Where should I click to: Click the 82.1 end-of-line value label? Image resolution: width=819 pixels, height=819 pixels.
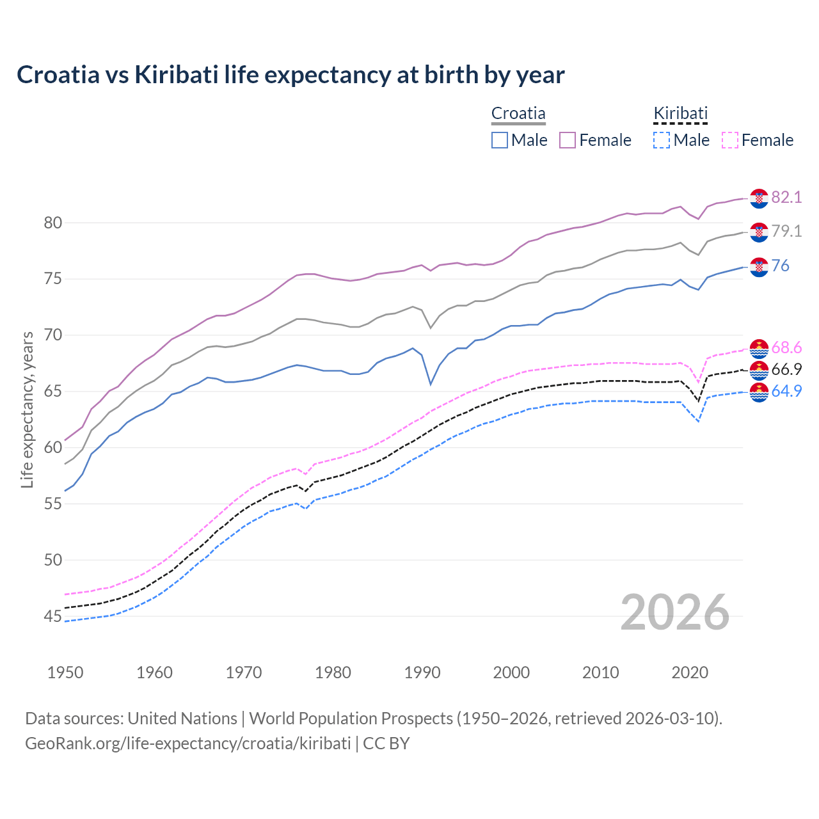786,197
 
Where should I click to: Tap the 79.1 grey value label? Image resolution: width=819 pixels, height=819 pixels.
786,231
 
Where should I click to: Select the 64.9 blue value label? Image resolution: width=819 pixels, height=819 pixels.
786,391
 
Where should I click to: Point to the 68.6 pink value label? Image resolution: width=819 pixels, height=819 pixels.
786,347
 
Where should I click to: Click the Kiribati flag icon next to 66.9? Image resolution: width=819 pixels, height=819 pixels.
759,370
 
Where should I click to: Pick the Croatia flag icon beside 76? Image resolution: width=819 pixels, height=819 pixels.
759,267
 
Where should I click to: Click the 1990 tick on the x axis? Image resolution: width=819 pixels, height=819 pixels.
422,672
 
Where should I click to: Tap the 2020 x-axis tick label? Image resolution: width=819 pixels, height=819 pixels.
690,672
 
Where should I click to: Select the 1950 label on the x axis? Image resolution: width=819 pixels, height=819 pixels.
65,672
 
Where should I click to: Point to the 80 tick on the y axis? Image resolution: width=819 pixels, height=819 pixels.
52,223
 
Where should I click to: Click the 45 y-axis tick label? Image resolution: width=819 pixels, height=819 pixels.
52,616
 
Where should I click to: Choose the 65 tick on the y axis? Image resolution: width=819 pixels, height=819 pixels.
52,391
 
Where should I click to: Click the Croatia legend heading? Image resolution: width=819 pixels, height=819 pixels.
518,113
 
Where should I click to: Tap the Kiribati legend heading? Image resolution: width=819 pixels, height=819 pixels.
680,113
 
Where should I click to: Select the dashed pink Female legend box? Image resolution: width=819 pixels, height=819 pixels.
730,140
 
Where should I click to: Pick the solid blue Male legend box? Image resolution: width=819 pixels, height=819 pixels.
500,140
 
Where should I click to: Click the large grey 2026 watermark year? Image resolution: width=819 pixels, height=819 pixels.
675,612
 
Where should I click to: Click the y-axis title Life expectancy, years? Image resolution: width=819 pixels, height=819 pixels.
27,409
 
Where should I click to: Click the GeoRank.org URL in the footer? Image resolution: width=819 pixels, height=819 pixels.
187,743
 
